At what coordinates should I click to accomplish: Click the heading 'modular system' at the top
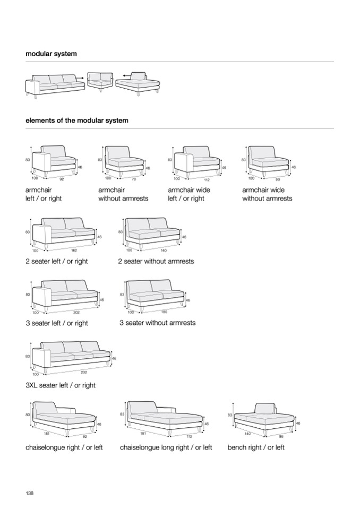click(51, 54)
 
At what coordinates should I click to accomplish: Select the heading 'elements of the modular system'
click(77, 120)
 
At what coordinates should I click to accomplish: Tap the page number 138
click(30, 493)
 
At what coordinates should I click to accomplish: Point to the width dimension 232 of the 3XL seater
click(84, 372)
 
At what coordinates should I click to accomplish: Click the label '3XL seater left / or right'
click(61, 385)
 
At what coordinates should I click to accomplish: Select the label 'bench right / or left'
click(256, 447)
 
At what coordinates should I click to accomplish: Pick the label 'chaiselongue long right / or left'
click(166, 447)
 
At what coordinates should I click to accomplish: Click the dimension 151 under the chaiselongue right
click(46, 434)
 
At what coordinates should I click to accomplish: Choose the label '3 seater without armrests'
click(157, 323)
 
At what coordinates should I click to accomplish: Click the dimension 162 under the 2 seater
click(74, 250)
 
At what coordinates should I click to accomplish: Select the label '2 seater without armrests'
click(156, 261)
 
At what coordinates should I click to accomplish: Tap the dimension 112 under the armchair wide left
click(207, 179)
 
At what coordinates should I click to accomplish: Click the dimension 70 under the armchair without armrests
click(134, 179)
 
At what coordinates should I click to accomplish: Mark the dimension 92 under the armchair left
click(62, 179)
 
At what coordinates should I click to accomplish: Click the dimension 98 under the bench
click(281, 436)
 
